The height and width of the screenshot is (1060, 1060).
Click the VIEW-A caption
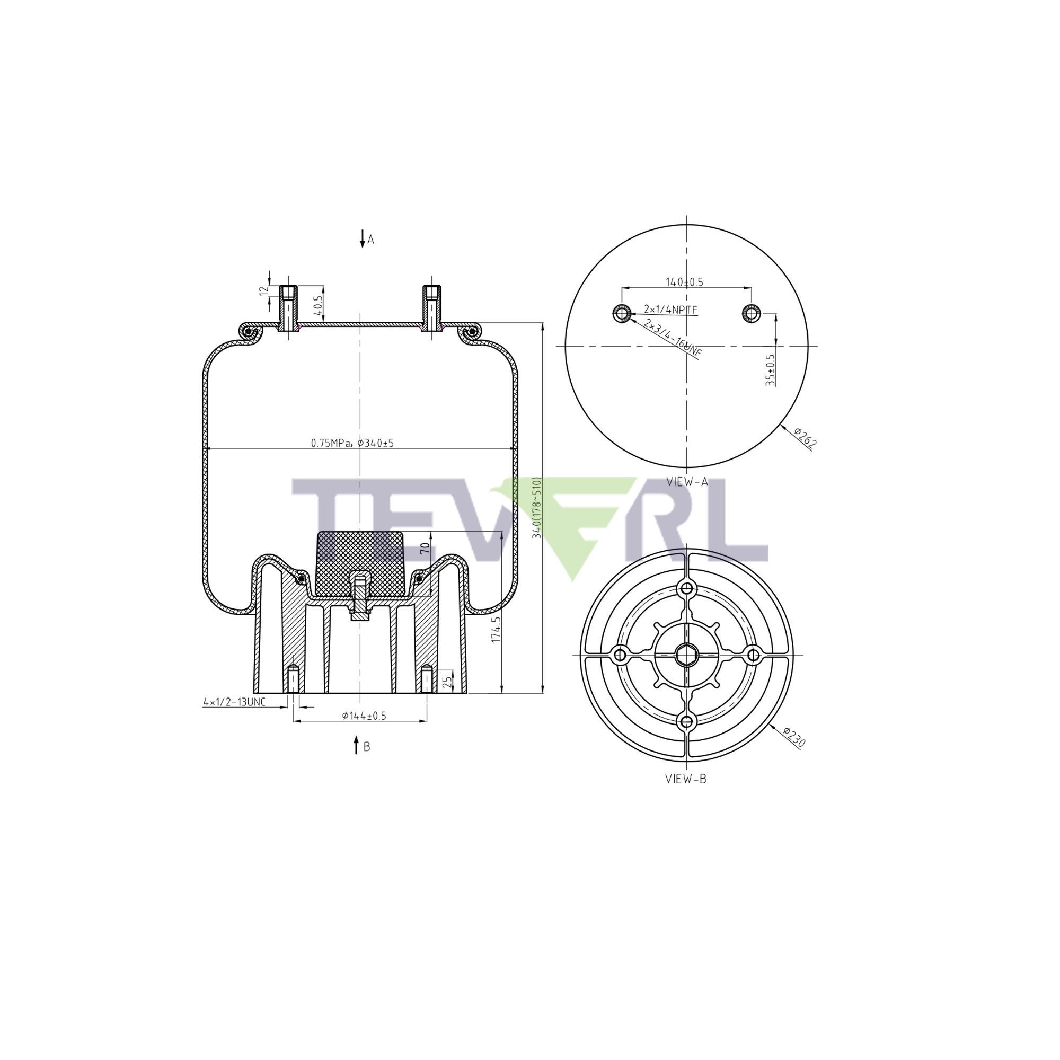coord(687,482)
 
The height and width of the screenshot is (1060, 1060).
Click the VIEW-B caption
coord(686,779)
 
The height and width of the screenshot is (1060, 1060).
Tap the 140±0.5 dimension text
coord(684,282)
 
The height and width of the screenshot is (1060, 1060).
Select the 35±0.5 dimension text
coord(771,370)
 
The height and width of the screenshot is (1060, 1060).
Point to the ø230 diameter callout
coord(794,738)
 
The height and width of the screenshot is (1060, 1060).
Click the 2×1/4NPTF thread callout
coord(670,310)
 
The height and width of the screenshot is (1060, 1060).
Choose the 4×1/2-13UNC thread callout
coord(234,702)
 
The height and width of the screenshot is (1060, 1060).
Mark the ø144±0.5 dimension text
coord(364,715)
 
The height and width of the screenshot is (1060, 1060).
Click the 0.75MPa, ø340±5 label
coord(352,443)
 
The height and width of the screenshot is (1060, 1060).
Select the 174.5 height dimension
coord(496,629)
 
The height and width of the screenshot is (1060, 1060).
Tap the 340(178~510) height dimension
coord(536,508)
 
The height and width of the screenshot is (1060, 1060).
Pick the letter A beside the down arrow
coord(371,240)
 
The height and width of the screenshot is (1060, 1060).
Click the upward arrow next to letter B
coord(356,746)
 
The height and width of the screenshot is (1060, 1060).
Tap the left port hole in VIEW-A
coord(621,313)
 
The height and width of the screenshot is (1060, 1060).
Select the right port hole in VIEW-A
coord(750,313)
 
